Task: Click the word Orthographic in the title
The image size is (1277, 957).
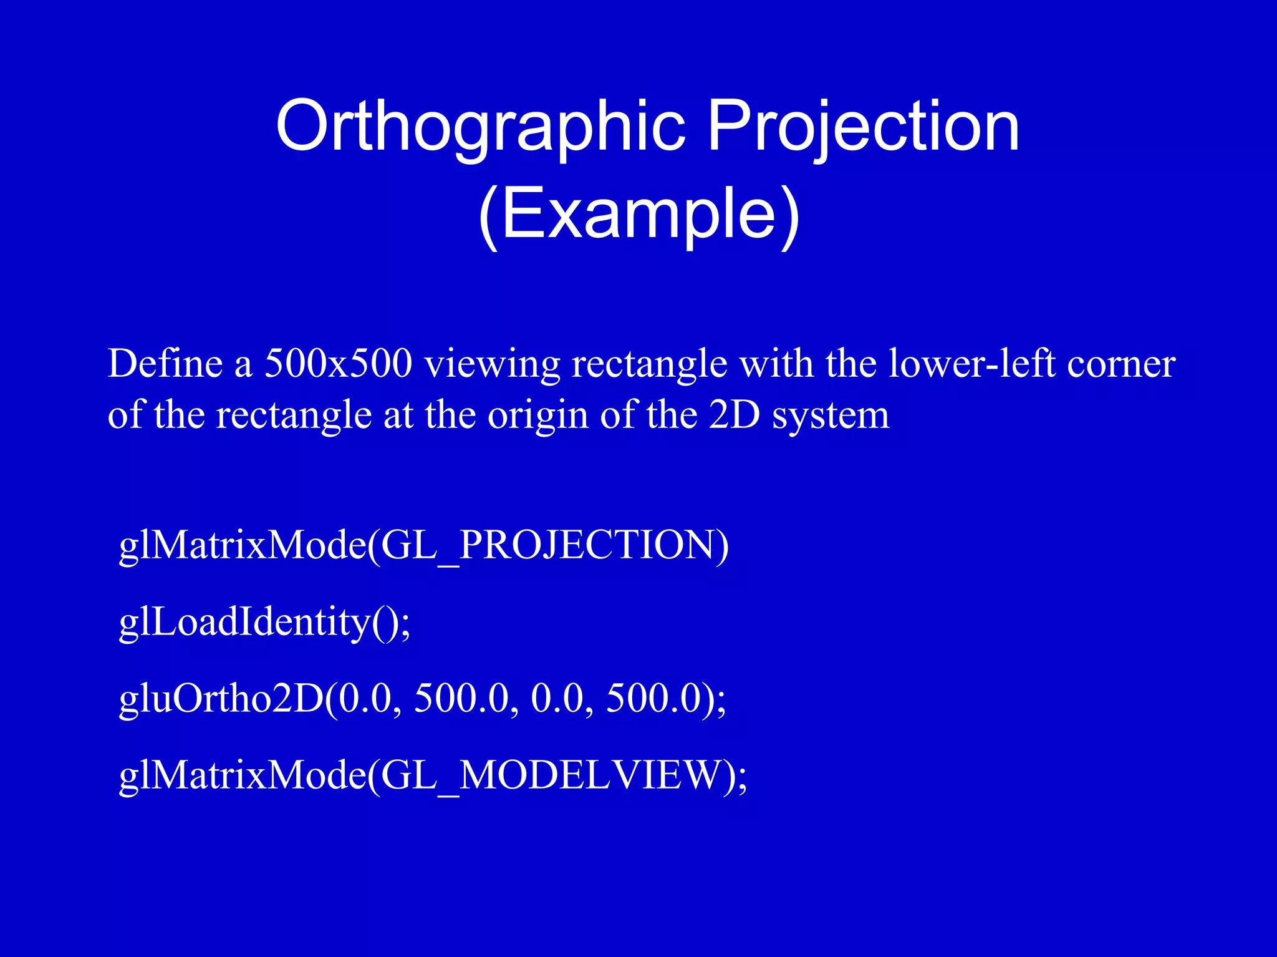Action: (x=480, y=127)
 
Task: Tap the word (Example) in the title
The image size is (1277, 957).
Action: (x=638, y=214)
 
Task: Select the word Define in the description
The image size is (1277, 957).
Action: (x=165, y=363)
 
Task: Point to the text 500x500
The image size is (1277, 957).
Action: (x=339, y=363)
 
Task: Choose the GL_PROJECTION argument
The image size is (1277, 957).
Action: (x=549, y=545)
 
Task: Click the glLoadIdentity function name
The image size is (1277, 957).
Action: (x=244, y=622)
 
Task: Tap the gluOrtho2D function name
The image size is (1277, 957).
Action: (x=221, y=698)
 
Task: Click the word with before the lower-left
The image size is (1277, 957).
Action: (x=776, y=363)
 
